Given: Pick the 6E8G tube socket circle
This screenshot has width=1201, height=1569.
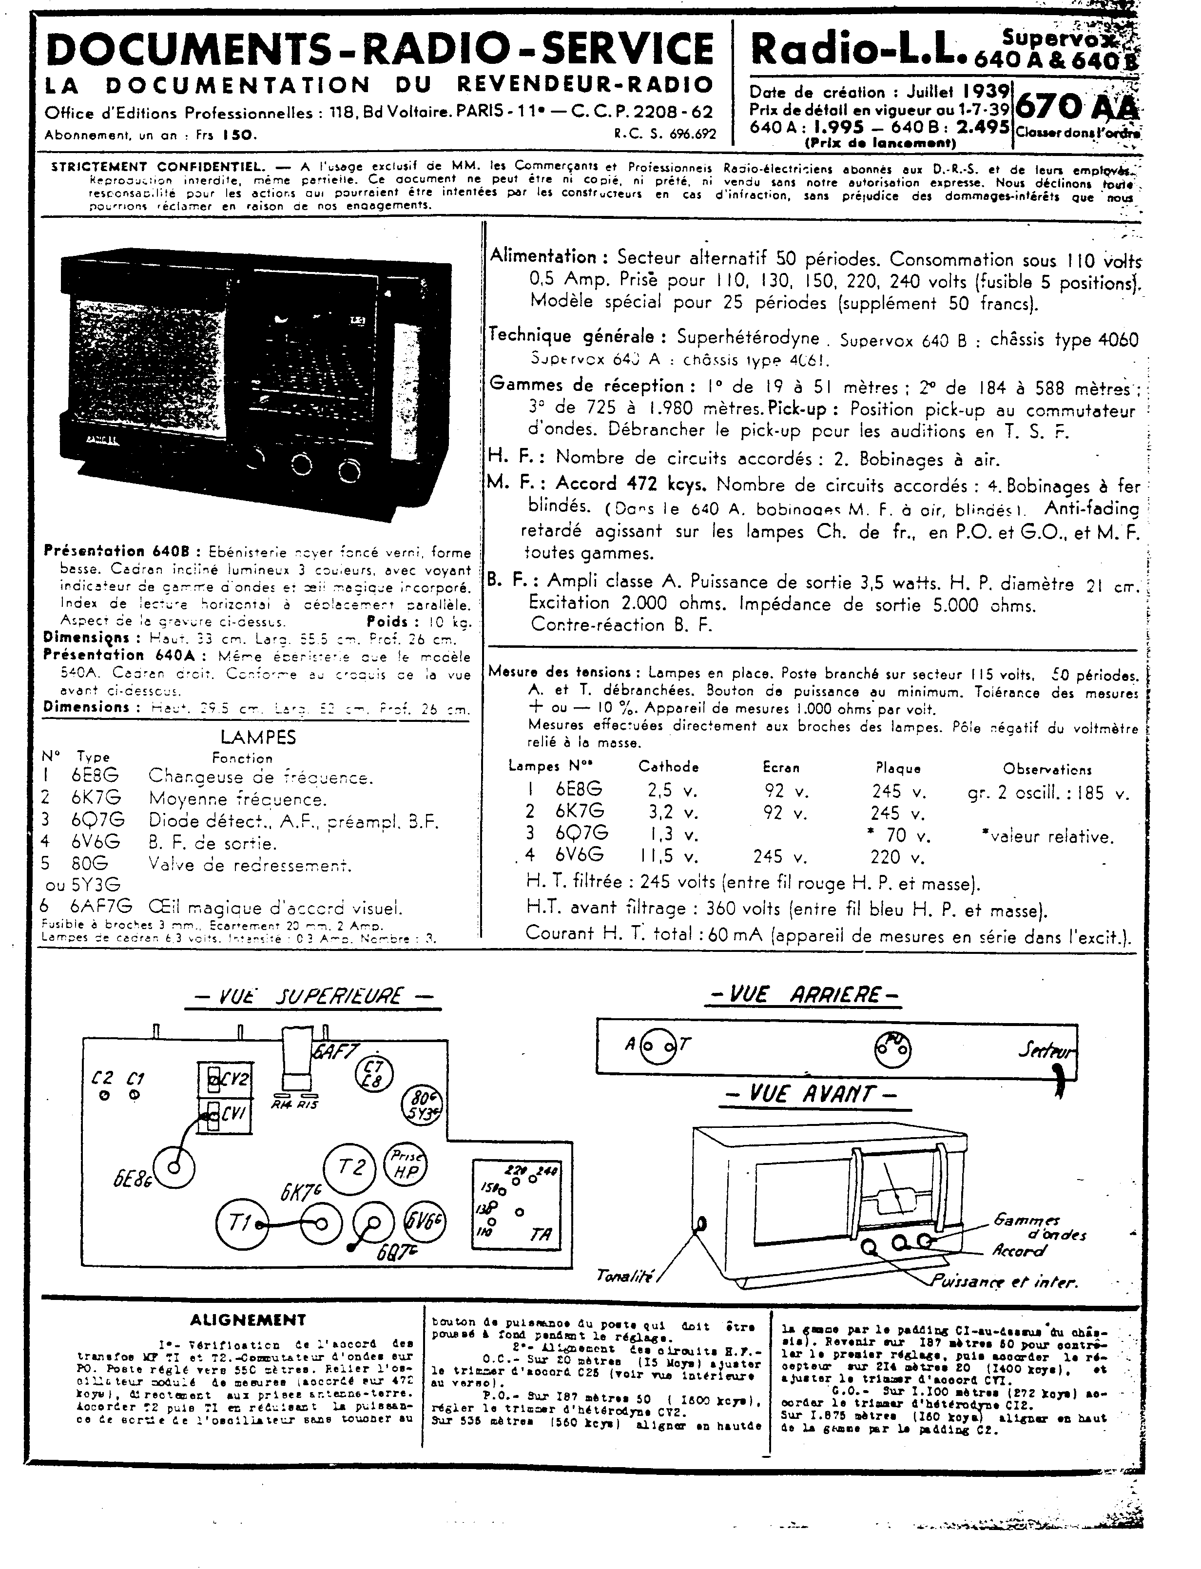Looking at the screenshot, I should point(172,1167).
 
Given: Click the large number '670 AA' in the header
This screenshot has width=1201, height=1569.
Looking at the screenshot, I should point(1075,108).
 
